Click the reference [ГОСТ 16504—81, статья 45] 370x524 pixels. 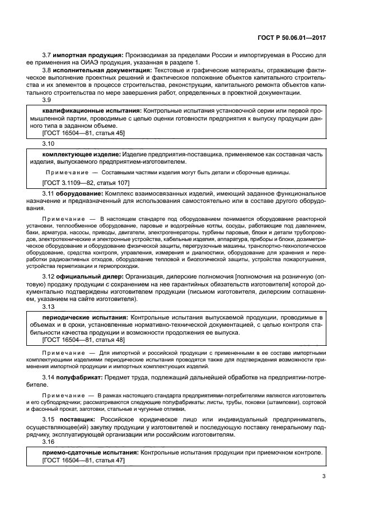pos(83,133)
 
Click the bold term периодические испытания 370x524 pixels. pos(85,318)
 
